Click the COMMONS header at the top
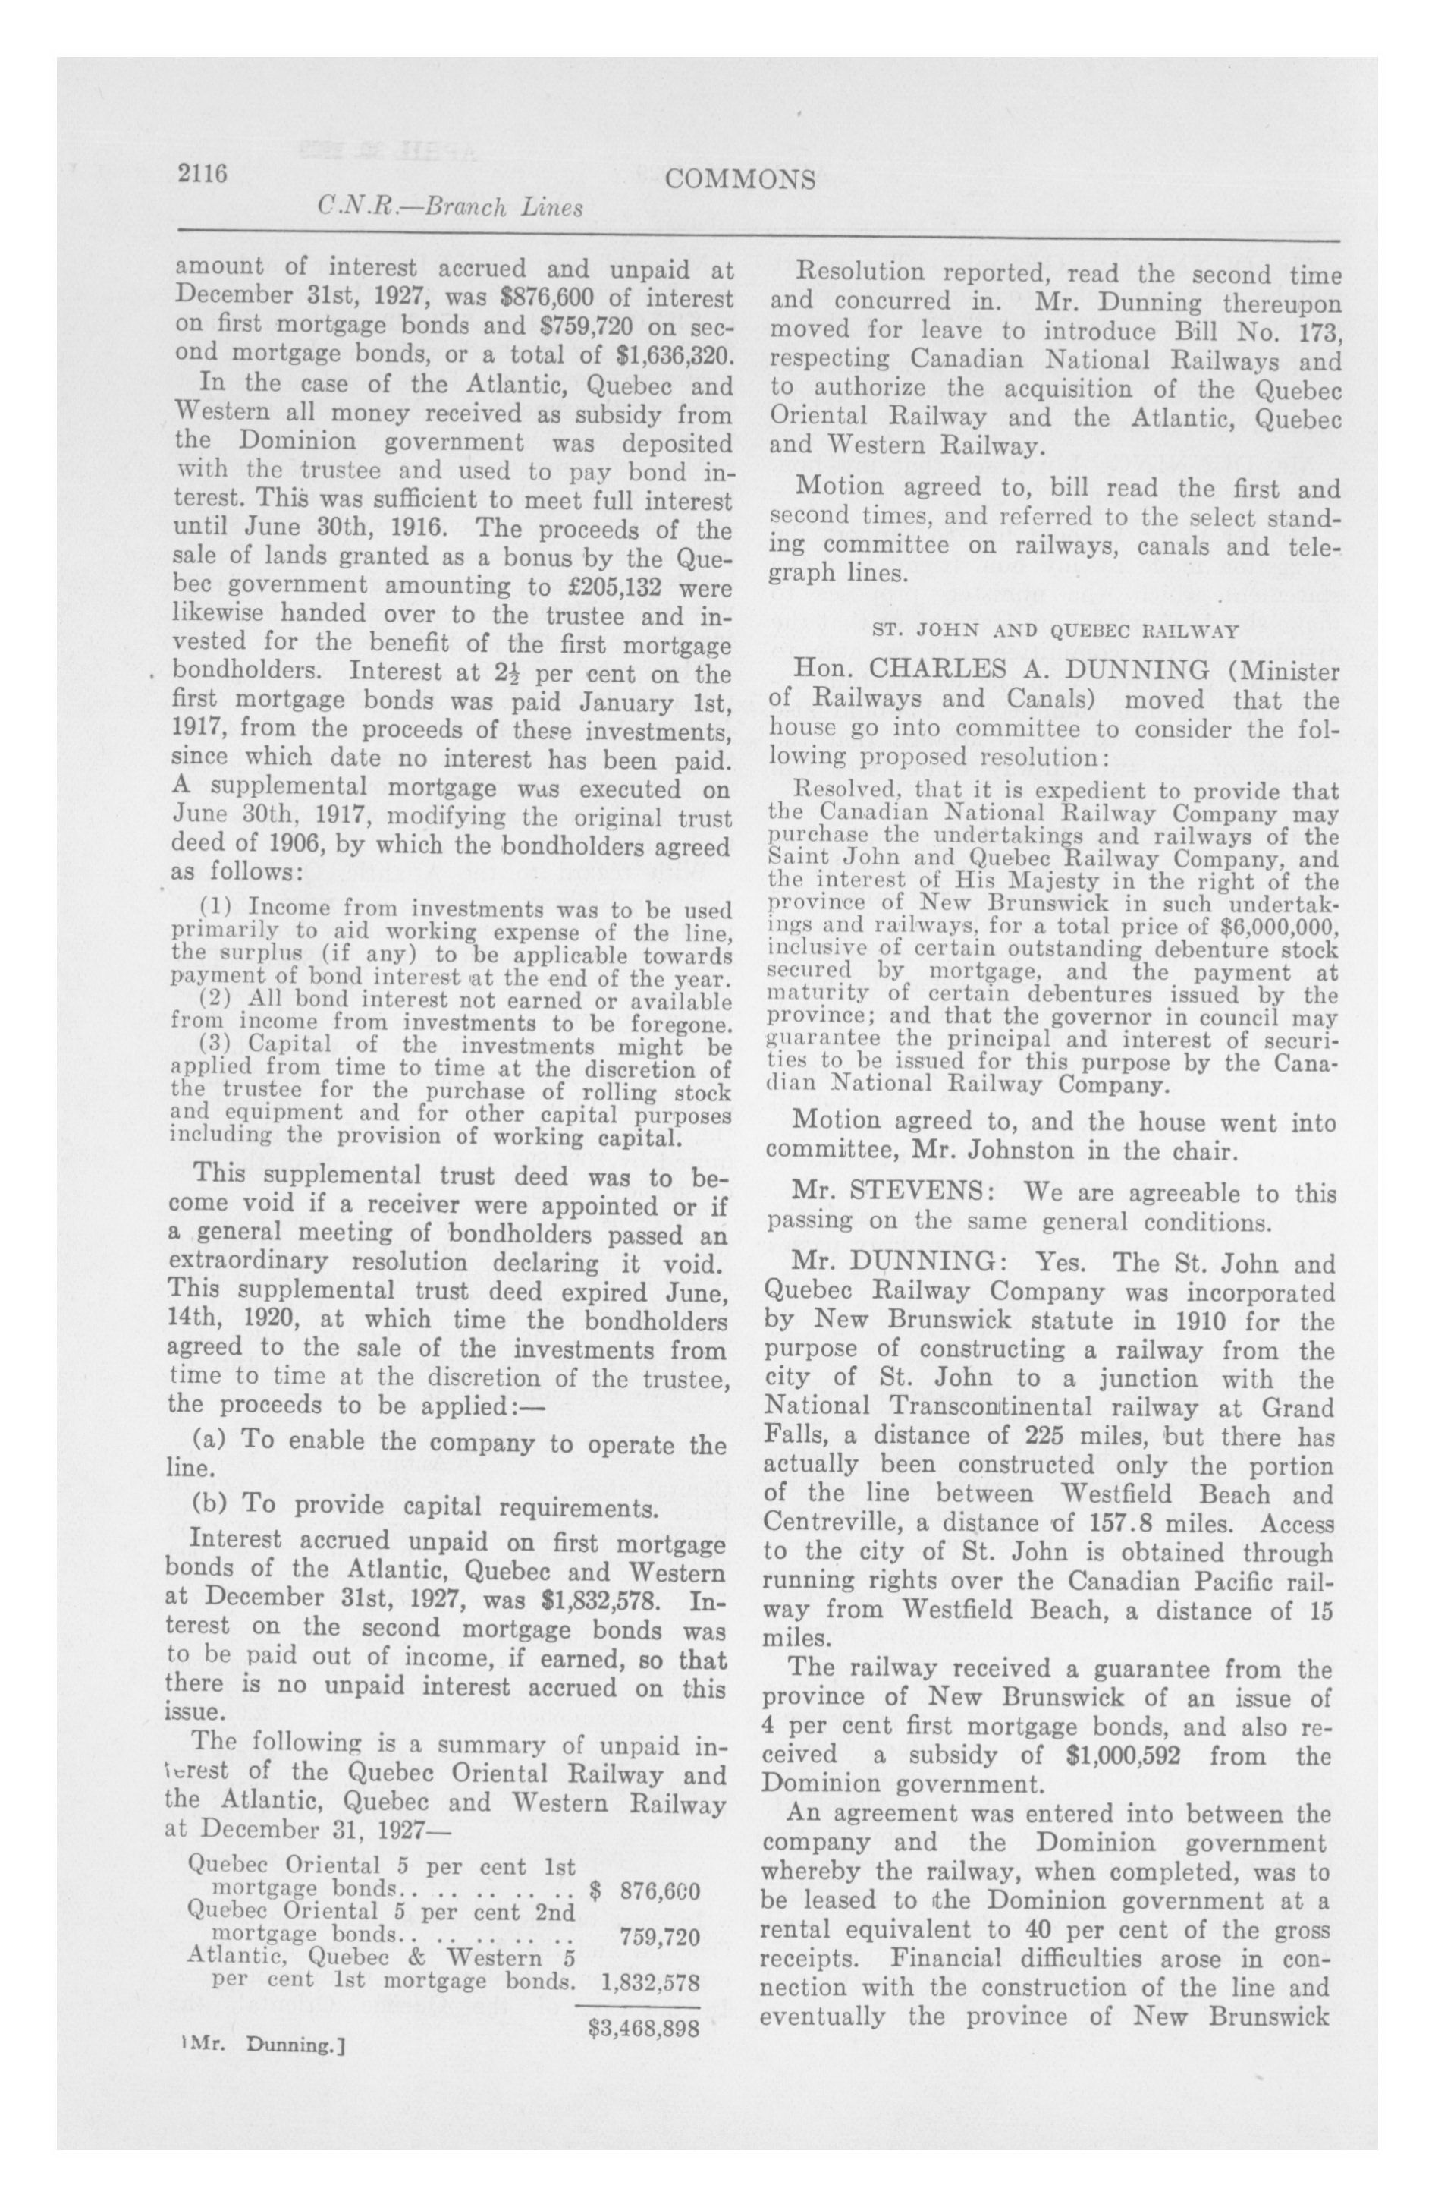click(x=741, y=179)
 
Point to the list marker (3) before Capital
click(x=218, y=1046)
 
